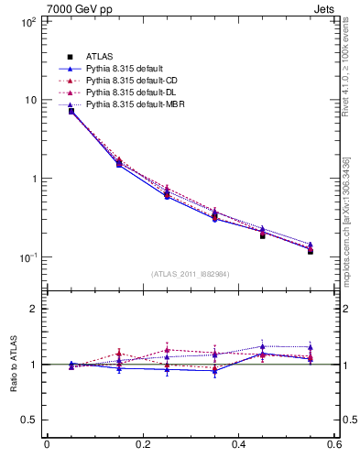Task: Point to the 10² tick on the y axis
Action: click(28, 21)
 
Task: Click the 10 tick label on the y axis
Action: click(30, 100)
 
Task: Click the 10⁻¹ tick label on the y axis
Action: click(27, 257)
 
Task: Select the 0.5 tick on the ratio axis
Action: click(30, 420)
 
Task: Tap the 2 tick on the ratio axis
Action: click(34, 309)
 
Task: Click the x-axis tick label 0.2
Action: click(142, 446)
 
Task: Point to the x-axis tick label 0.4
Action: click(238, 446)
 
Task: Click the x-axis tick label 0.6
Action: click(333, 446)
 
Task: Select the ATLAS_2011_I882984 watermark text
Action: click(191, 273)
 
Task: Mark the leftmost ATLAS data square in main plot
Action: click(71, 111)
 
